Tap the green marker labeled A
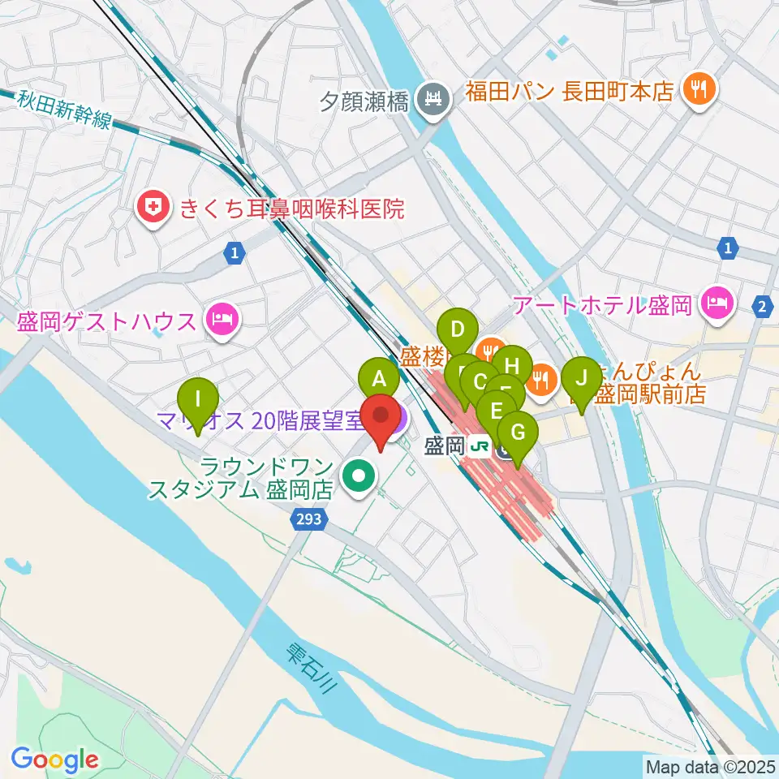[379, 378]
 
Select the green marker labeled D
[457, 330]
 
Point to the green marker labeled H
[512, 365]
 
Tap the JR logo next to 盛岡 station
[481, 446]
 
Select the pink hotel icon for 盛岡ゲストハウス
[222, 322]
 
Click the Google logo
[54, 760]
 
